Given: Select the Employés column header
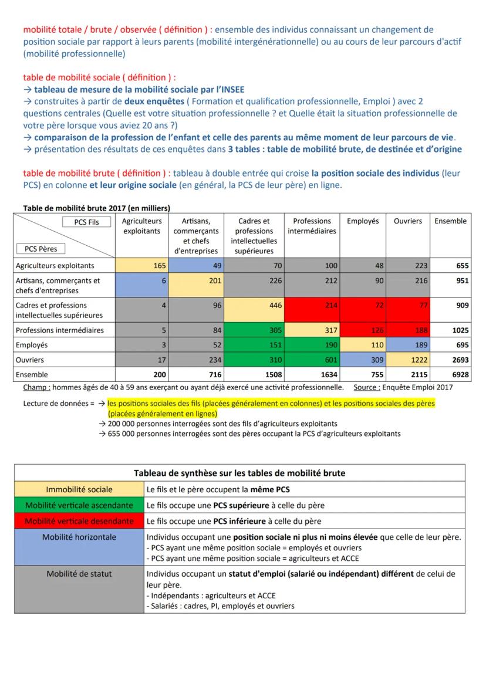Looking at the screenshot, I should pyautogui.click(x=363, y=221).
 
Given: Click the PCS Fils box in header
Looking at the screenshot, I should pyautogui.click(x=87, y=222).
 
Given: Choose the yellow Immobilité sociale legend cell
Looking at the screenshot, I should pyautogui.click(x=79, y=489).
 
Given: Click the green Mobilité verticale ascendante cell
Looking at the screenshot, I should pyautogui.click(x=79, y=505).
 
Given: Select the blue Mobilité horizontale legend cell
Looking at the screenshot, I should pyautogui.click(x=79, y=537).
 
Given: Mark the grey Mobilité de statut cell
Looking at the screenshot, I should pyautogui.click(x=79, y=574).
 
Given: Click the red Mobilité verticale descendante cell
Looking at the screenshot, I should pyautogui.click(x=79, y=521).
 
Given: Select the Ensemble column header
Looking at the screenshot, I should pyautogui.click(x=450, y=221).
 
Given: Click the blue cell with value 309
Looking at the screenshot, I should pyautogui.click(x=363, y=360).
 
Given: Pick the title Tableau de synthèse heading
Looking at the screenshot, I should pyautogui.click(x=239, y=473).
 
